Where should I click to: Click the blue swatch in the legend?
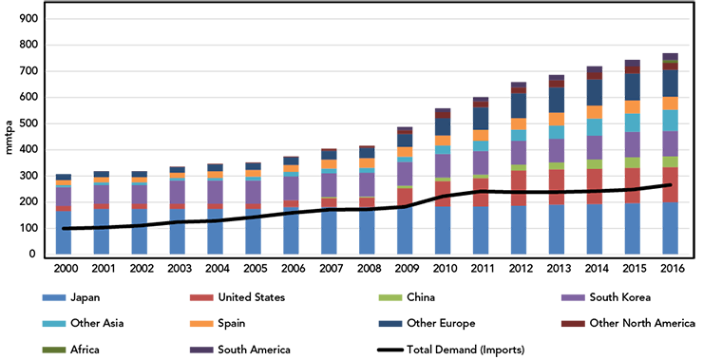click(x=36, y=296)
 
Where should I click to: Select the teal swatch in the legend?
click(x=36, y=324)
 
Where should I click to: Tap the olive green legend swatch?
click(x=36, y=347)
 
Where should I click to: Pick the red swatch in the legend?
click(x=188, y=297)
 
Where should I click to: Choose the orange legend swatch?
click(x=186, y=324)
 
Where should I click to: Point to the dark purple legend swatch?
click(x=186, y=348)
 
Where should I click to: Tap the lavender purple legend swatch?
click(x=560, y=299)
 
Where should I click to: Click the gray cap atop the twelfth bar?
click(x=481, y=91)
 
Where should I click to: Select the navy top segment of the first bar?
click(x=64, y=170)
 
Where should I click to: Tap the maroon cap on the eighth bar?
click(x=329, y=143)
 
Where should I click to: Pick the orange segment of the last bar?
click(x=670, y=103)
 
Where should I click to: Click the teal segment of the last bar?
click(x=670, y=120)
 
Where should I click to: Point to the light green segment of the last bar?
click(x=670, y=161)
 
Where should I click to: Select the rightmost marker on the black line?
click(x=652, y=187)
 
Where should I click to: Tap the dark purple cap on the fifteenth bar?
click(x=595, y=63)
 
